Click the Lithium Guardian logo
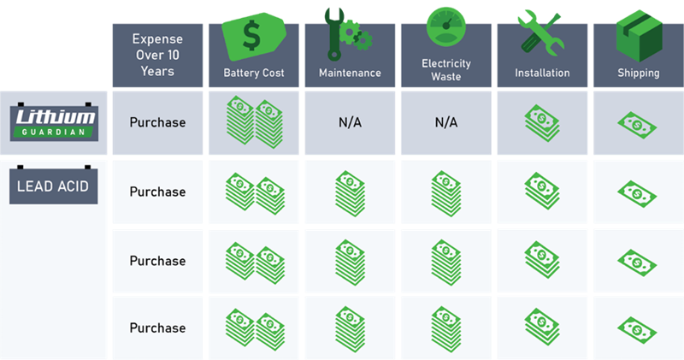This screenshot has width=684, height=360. (54, 122)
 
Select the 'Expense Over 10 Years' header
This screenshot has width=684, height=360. (157, 55)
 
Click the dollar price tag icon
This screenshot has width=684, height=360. (254, 36)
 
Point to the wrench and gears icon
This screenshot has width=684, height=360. (348, 33)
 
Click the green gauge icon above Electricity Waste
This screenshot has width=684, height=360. (445, 27)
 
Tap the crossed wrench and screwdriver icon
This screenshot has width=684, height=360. (541, 33)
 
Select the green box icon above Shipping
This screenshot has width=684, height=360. (639, 36)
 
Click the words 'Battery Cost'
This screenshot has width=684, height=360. (254, 73)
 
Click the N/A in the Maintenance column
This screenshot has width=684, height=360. (350, 122)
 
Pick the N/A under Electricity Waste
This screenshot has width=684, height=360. (446, 122)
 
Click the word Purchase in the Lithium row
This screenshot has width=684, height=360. (157, 122)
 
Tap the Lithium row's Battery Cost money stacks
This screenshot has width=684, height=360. (254, 122)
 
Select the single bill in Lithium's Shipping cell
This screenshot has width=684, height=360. (637, 125)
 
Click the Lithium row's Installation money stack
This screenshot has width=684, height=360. (542, 123)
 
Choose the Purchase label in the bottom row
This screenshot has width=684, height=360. (157, 328)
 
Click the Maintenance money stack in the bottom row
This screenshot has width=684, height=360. (351, 329)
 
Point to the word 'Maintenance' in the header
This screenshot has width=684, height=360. (350, 73)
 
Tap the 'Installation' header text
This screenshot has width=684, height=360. (542, 73)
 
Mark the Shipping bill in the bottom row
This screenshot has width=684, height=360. (637, 330)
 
